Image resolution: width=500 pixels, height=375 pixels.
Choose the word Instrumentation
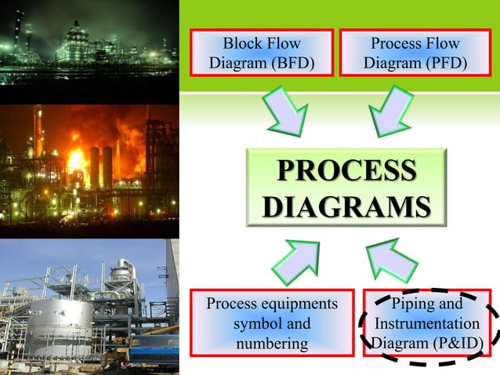[427, 324]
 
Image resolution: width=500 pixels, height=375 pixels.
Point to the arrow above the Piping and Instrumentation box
[392, 259]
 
